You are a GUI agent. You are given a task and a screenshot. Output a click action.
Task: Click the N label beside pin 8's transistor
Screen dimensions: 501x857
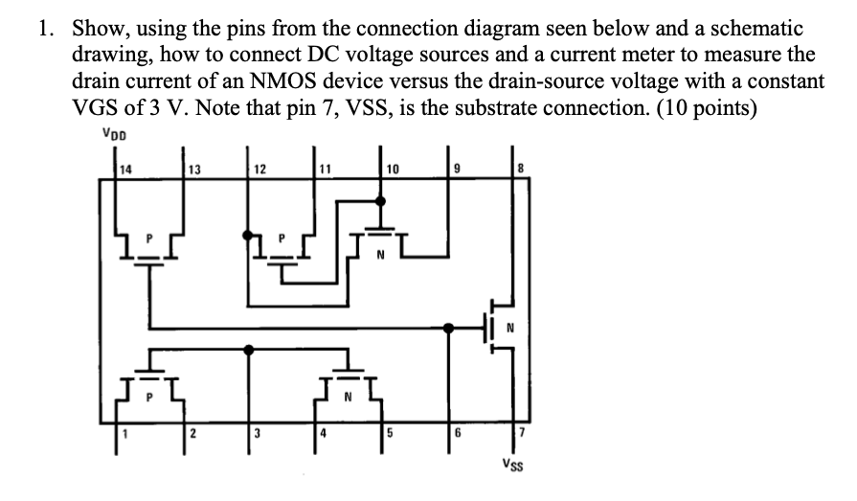click(509, 328)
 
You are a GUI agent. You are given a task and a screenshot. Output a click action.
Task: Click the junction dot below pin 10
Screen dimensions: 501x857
click(381, 201)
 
